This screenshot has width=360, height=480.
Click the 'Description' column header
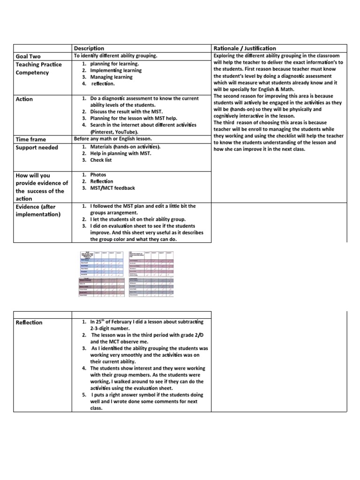coord(89,48)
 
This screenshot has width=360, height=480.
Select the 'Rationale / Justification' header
coord(244,48)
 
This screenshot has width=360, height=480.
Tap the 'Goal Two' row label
coord(29,56)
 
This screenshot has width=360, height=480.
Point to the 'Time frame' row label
coord(32,139)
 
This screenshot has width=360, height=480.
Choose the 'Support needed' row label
coord(37,148)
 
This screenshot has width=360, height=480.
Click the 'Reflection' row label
coord(29,322)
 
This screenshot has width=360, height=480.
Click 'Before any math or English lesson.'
coord(113,139)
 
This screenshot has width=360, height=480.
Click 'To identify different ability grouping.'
coord(115,56)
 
